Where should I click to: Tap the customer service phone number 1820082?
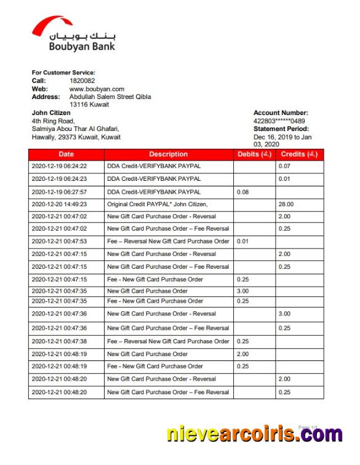pos(82,81)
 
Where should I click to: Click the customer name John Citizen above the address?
pos(51,113)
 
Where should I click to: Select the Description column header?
pos(168,154)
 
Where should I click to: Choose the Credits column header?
pos(298,154)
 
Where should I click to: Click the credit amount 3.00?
pos(284,314)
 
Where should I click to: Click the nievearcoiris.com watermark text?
pos(254,434)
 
